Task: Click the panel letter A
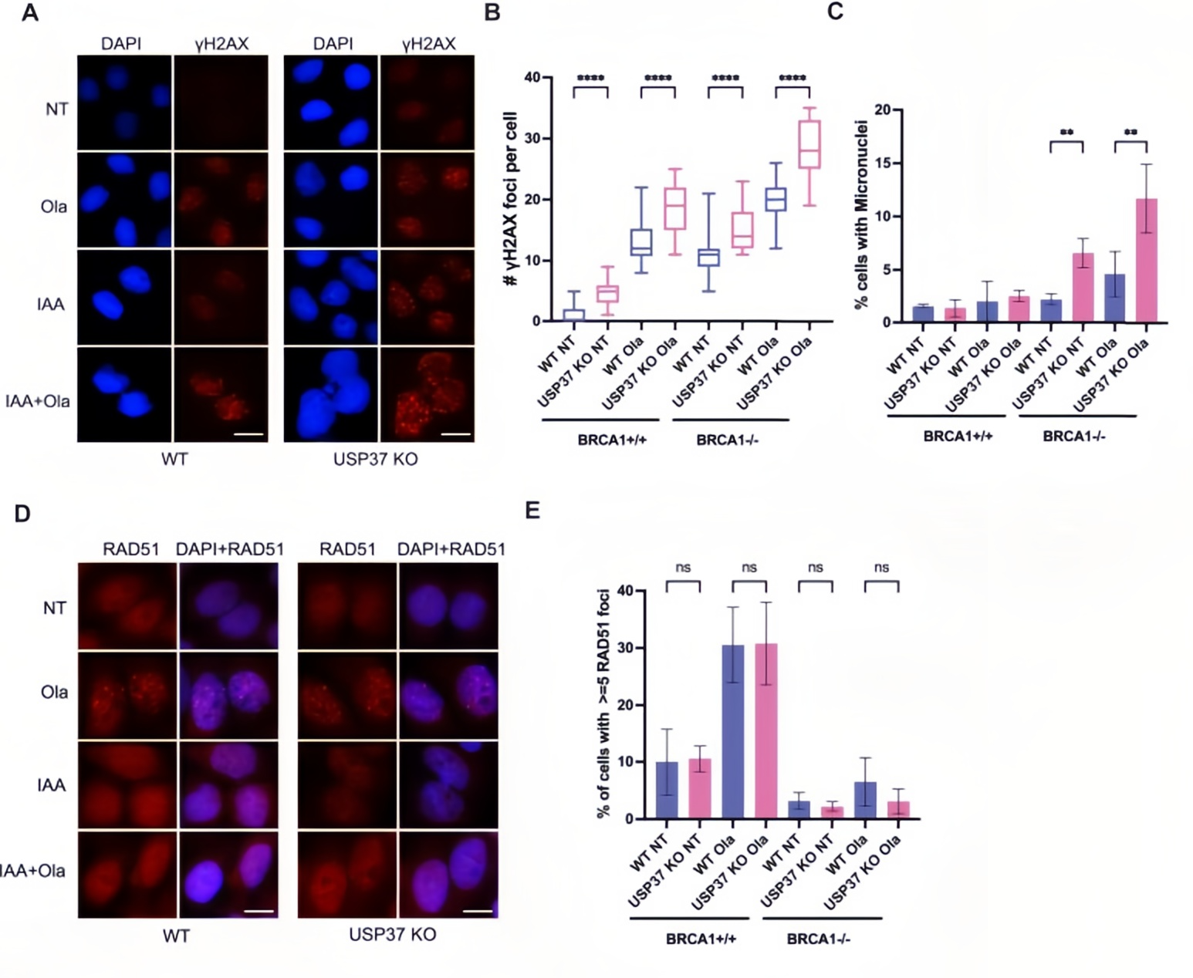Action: pos(29,13)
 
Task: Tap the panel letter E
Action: pos(532,511)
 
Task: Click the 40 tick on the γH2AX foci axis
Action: pos(532,77)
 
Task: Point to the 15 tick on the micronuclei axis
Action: pos(882,164)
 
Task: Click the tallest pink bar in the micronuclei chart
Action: pos(1146,260)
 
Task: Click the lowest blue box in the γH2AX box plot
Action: pos(574,315)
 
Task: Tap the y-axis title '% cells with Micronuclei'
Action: pos(862,216)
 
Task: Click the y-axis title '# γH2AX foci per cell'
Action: pos(511,199)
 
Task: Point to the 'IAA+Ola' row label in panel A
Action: pos(38,401)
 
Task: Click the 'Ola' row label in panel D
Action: pos(54,692)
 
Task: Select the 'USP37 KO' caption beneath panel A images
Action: pos(376,459)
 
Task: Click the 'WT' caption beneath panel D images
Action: pos(176,936)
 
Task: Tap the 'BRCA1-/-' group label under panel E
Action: pos(818,939)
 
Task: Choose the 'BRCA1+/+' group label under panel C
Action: pos(958,437)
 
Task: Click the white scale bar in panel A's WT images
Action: pos(248,434)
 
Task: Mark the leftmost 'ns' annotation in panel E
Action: pos(683,568)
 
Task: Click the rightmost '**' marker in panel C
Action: pos(1130,133)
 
